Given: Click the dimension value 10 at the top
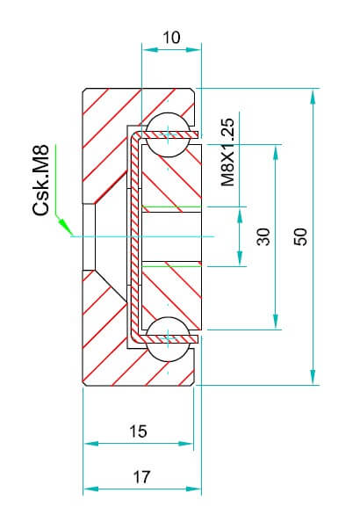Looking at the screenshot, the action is [x=171, y=38].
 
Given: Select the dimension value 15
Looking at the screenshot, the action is [x=138, y=431].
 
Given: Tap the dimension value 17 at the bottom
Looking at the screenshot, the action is [x=140, y=476].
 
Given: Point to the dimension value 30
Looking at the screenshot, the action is [x=263, y=236].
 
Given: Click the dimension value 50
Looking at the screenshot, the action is [x=300, y=236].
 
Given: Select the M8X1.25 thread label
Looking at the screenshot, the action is [x=228, y=152].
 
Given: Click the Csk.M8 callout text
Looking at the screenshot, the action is [x=41, y=180].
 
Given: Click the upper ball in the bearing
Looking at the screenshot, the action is [x=169, y=134].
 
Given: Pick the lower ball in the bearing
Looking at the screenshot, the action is [x=169, y=339].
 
